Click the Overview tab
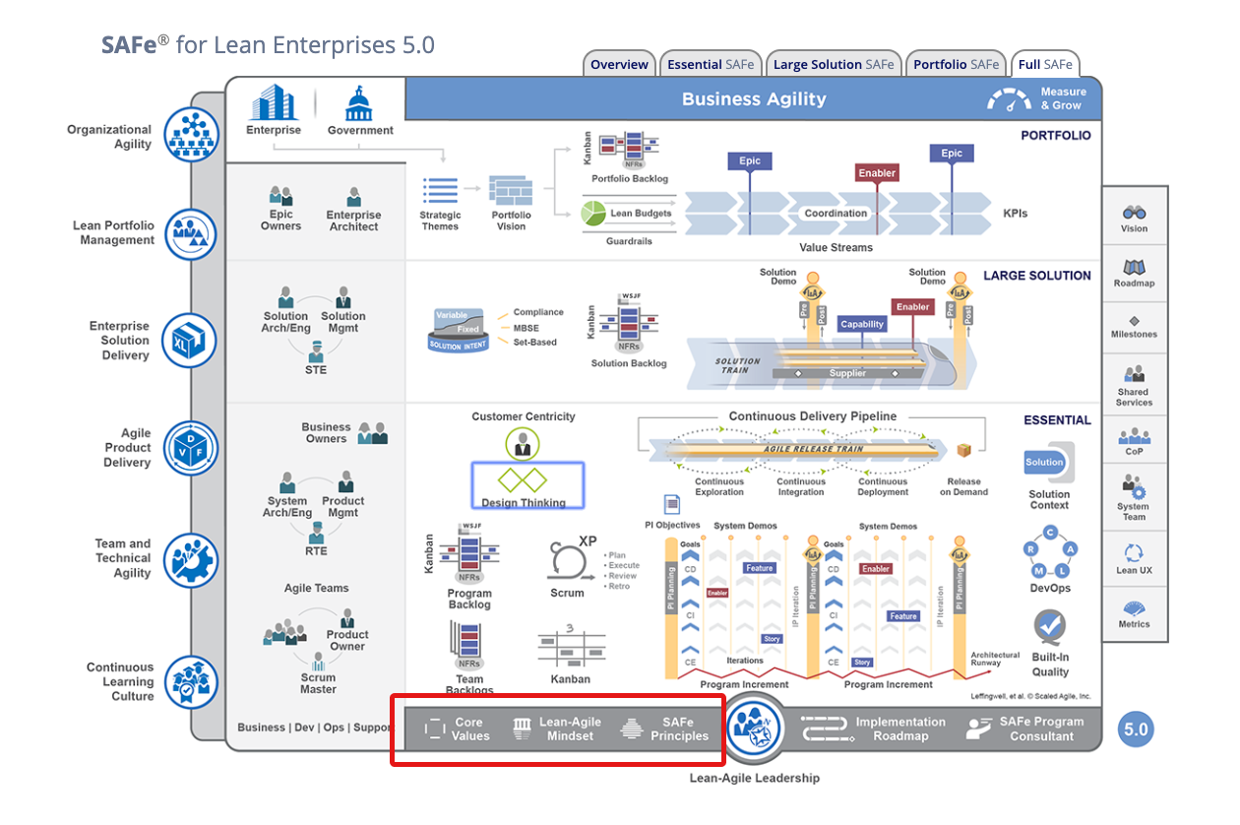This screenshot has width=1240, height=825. [619, 65]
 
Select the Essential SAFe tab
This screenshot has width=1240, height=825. [711, 65]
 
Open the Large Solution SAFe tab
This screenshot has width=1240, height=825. [834, 65]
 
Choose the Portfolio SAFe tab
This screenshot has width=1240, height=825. [956, 65]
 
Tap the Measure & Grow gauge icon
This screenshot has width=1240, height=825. [1010, 99]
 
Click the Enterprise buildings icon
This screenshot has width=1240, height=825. [274, 103]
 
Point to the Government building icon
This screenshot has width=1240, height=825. [359, 103]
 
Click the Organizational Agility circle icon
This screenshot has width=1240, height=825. [190, 135]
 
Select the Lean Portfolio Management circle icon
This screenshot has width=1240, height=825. [190, 234]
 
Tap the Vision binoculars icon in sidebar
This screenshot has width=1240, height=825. [1134, 212]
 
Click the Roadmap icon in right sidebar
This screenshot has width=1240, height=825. [1134, 267]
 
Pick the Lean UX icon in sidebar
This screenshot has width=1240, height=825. [1134, 553]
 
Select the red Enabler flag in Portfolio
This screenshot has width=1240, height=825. [876, 172]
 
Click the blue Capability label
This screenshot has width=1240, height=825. [862, 324]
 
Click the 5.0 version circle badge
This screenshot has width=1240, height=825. [1136, 730]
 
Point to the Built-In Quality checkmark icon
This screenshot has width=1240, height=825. [1050, 626]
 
